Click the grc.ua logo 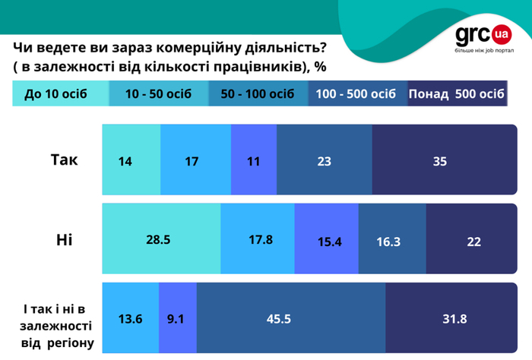pos(483,38)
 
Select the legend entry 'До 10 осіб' pos(55,94)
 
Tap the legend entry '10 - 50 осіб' pos(158,94)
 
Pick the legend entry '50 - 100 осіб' pos(257,94)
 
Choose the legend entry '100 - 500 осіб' pos(356,94)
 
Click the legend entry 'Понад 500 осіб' pos(458,94)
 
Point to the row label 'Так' pos(64,160)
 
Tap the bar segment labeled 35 pos(439,161)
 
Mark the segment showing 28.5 pos(160,240)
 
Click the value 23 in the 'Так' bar pos(324,161)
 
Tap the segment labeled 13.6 pos(130,318)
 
